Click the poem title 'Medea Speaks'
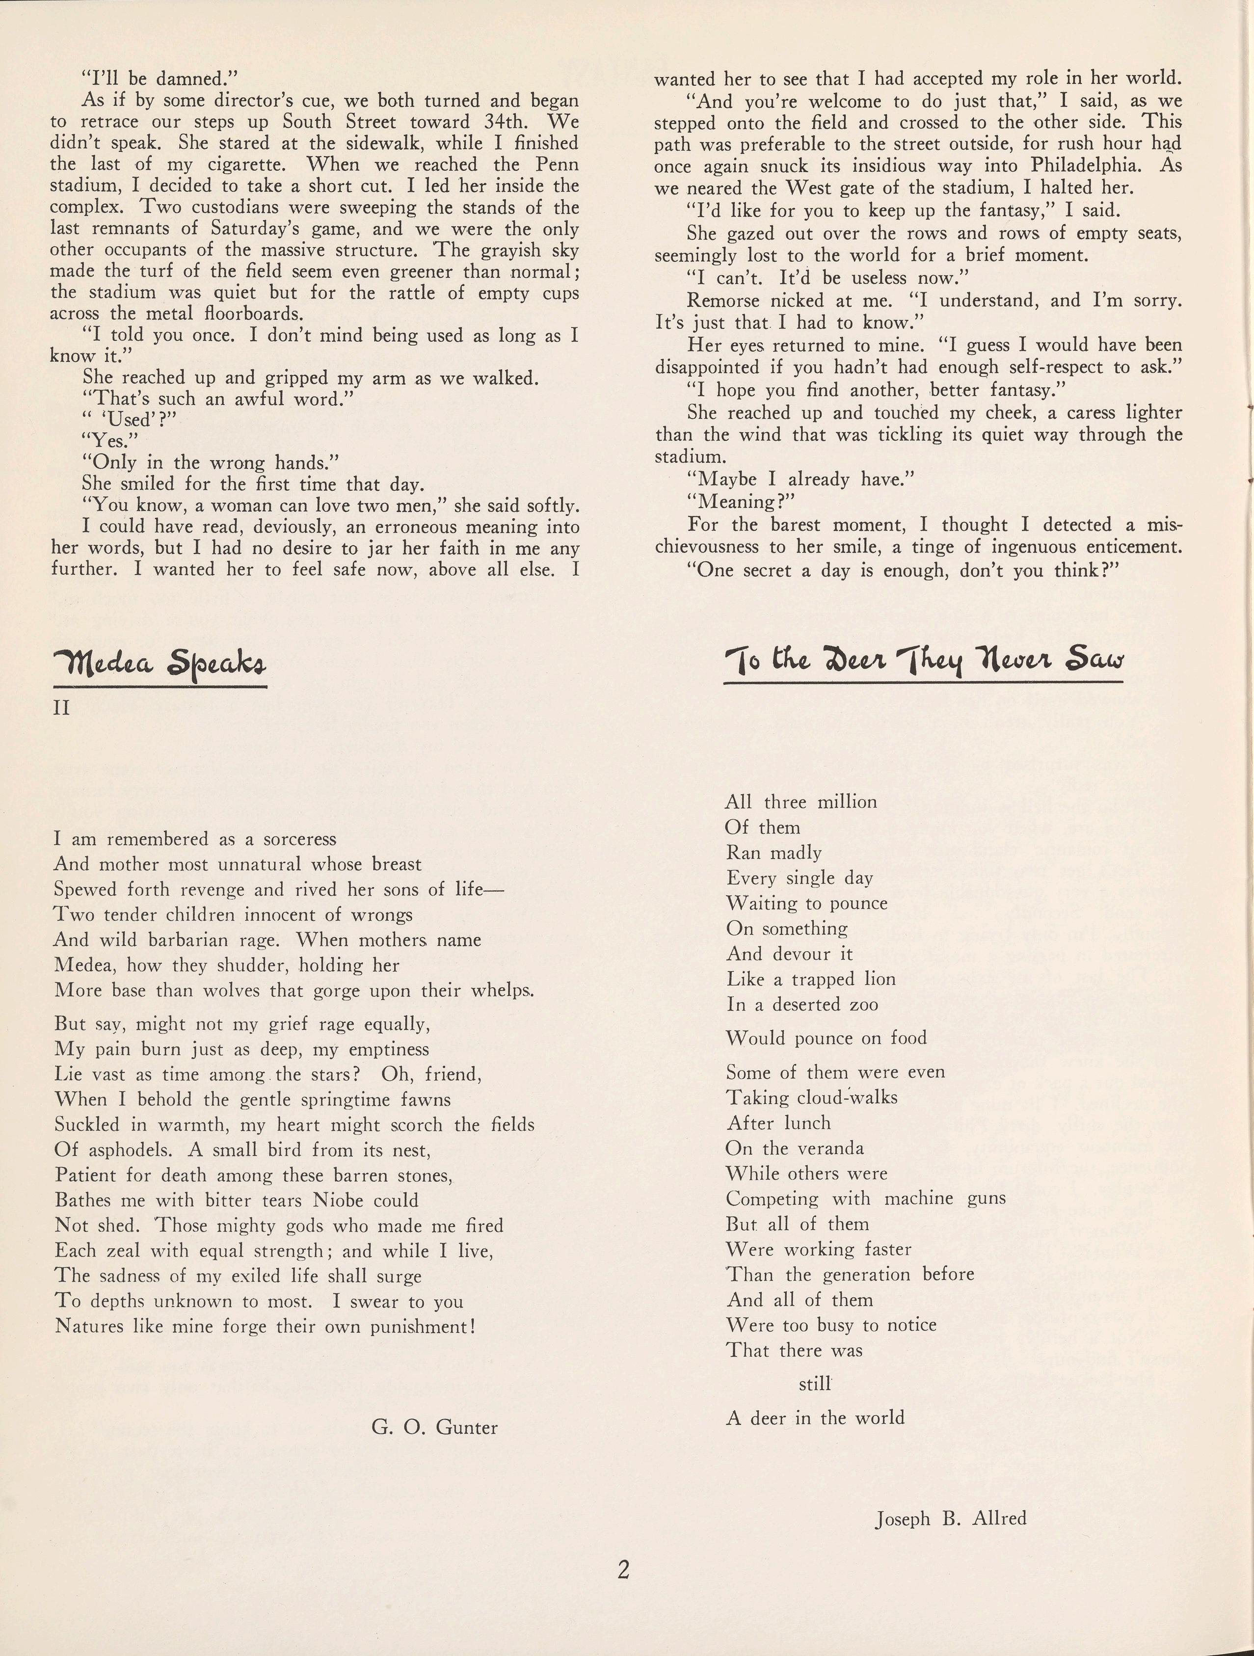[160, 662]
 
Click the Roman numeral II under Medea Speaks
[61, 707]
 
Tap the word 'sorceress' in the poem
[299, 839]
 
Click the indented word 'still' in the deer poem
[815, 1384]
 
